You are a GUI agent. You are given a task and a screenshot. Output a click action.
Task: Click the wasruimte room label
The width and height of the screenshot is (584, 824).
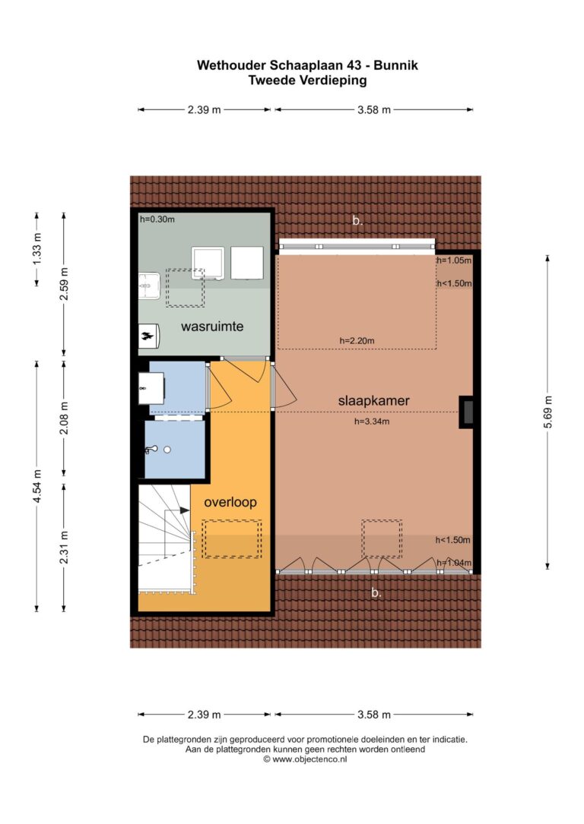pos(212,327)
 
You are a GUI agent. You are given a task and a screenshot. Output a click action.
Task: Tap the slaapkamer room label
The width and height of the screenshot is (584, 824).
pos(373,400)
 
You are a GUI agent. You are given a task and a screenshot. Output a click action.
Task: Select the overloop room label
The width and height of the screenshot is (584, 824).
pos(230,502)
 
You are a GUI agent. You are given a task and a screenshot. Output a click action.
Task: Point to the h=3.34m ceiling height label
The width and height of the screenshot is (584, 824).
pos(372,421)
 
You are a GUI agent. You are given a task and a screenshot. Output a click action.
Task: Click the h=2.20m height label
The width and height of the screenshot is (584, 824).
pos(357,340)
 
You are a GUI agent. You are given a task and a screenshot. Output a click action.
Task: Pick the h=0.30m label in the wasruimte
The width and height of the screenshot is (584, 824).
pos(157,219)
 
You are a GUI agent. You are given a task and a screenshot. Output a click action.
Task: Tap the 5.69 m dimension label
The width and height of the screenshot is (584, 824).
pos(547,412)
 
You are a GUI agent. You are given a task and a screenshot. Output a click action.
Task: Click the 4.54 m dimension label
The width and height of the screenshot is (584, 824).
pos(36,486)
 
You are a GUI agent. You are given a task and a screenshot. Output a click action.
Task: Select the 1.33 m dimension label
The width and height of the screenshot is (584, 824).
pos(36,249)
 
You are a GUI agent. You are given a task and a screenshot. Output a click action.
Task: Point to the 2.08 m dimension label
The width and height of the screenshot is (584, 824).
pos(64,418)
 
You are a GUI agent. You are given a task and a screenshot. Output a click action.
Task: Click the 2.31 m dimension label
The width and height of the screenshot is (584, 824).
pos(64,547)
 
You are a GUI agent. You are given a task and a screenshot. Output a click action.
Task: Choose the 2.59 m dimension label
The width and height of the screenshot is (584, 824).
pos(64,284)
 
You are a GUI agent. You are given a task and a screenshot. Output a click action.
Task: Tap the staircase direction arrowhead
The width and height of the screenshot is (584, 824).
pos(185,510)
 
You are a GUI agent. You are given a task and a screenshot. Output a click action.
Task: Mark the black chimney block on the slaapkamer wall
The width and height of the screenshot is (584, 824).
pos(466,412)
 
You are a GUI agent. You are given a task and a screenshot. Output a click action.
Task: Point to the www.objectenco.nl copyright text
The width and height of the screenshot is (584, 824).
pos(305,759)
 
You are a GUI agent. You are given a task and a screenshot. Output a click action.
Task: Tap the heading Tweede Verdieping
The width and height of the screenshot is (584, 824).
pos(307,81)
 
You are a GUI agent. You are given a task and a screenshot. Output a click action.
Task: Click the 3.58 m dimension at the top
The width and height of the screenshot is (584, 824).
pos(374,110)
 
